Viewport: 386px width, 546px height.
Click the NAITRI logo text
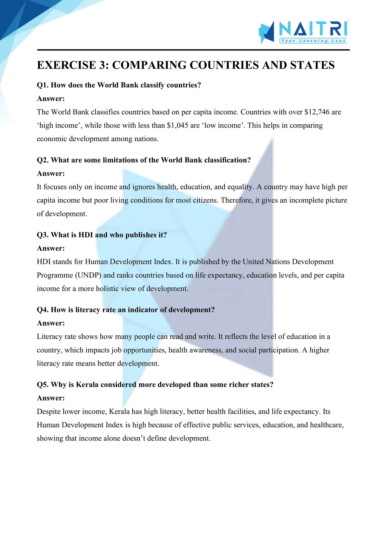coord(313,29)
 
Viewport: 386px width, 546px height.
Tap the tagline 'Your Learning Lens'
coord(313,41)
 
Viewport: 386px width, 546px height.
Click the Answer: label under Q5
coord(51,398)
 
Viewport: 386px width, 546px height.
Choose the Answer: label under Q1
coord(51,99)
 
